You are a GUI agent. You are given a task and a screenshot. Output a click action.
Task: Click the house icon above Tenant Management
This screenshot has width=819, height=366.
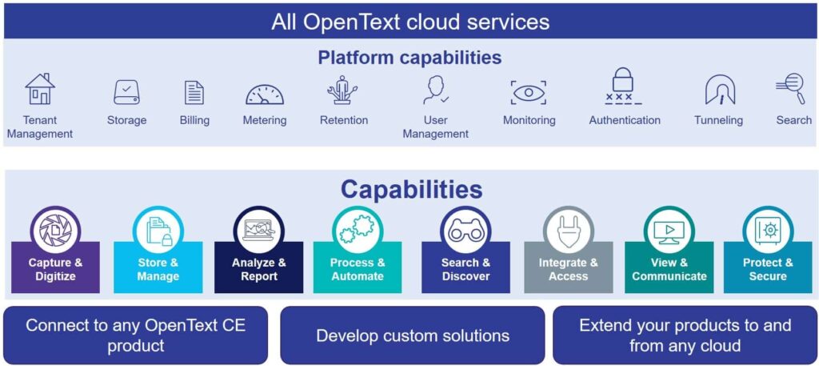pyautogui.click(x=39, y=90)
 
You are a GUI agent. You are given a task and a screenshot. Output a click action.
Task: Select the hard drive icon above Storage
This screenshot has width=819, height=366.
pyautogui.click(x=126, y=92)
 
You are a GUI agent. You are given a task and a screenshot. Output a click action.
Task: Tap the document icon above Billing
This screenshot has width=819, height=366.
pyautogui.click(x=194, y=93)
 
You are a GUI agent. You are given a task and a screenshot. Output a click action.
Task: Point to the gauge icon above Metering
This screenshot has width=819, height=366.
pyautogui.click(x=264, y=95)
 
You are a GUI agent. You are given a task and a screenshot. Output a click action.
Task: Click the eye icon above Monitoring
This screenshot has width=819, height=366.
pyautogui.click(x=528, y=93)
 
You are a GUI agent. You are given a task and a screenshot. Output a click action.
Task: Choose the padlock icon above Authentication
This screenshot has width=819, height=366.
pyautogui.click(x=624, y=86)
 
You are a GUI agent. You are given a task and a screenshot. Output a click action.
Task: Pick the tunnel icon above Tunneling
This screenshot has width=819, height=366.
pyautogui.click(x=719, y=90)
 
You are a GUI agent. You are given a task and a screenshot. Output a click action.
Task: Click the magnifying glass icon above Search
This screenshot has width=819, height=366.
pyautogui.click(x=790, y=88)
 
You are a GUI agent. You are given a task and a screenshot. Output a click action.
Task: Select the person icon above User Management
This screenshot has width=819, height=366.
pyautogui.click(x=435, y=90)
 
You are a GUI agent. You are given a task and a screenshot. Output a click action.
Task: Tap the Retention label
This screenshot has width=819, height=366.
pyautogui.click(x=344, y=120)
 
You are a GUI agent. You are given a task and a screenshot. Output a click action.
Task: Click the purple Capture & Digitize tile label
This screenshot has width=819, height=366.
pyautogui.click(x=55, y=269)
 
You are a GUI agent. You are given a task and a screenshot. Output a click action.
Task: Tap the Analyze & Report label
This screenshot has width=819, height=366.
pyautogui.click(x=258, y=269)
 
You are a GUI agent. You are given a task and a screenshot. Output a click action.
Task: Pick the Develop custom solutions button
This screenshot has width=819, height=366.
pyautogui.click(x=413, y=336)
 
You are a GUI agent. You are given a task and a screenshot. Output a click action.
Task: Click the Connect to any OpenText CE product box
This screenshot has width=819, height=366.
pyautogui.click(x=135, y=336)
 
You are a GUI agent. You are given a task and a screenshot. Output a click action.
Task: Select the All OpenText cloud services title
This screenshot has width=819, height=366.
pyautogui.click(x=409, y=22)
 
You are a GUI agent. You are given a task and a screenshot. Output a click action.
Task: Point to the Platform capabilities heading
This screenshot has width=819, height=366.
pyautogui.click(x=409, y=58)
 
